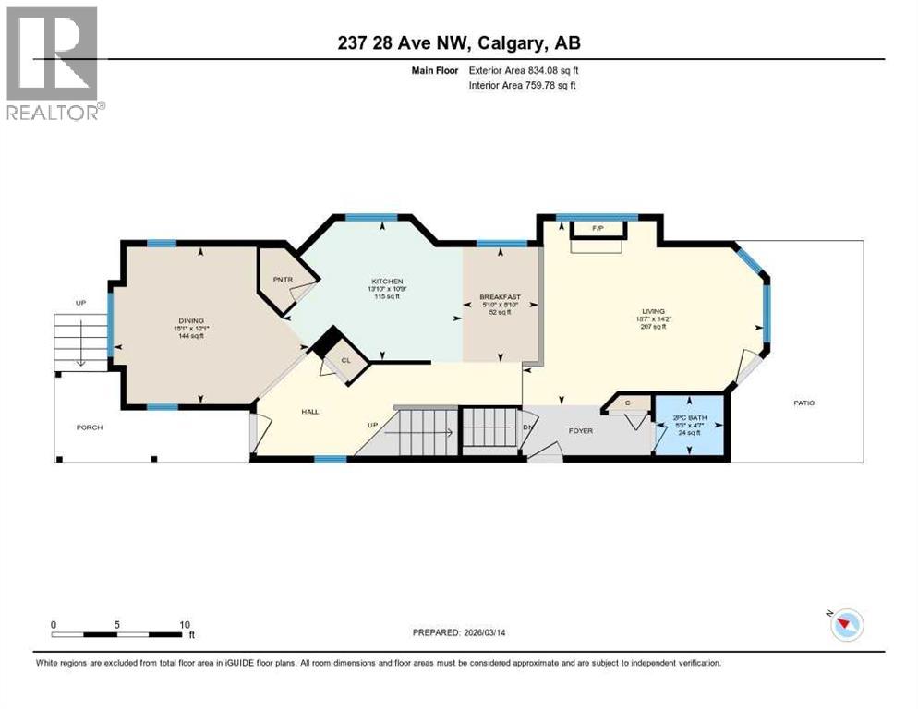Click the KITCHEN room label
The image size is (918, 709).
coord(388,282)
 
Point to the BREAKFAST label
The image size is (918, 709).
coord(500,297)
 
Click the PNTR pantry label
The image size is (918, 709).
coord(283,279)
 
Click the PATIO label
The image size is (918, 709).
coord(803,403)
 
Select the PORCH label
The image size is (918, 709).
coord(90,427)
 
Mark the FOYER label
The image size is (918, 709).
coord(581,430)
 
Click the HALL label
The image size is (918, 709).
coord(309,411)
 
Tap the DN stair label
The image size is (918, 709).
coord(529,427)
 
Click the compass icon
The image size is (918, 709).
coord(846,625)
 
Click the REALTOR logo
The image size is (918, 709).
coord(53,63)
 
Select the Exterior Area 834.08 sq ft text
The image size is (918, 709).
coord(524,70)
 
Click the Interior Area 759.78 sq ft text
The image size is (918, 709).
coord(523,86)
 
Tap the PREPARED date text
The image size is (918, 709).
coord(466,632)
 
